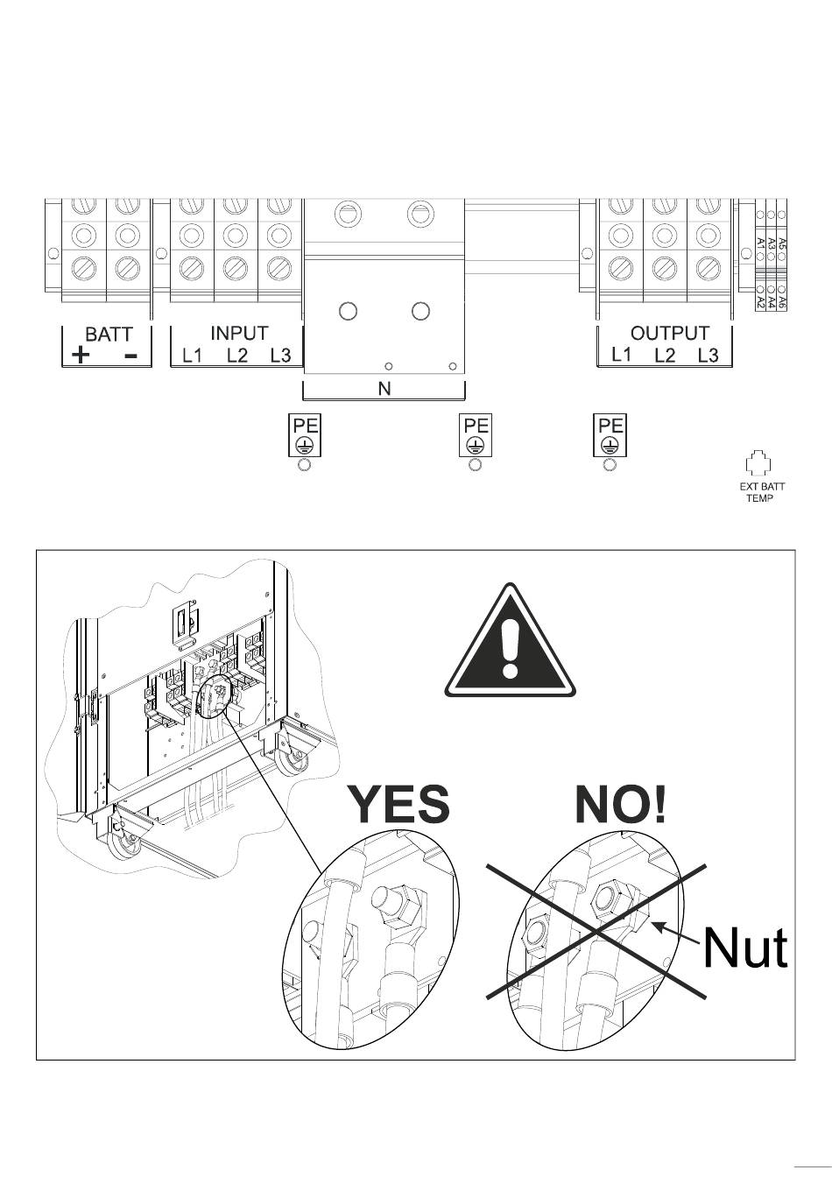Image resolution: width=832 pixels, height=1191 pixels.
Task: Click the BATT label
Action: pos(109,335)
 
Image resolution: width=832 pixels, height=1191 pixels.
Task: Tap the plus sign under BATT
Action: pos(81,355)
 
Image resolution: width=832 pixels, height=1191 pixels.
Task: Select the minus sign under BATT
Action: pos(130,355)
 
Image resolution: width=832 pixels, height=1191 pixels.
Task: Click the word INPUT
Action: pos(239,334)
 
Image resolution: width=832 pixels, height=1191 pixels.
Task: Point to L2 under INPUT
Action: pos(237,356)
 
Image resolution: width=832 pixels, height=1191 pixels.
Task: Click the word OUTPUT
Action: pos(669,334)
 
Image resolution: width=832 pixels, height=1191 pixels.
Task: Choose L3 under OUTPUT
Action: pos(708,356)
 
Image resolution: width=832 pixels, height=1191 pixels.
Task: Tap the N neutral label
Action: pos(384,390)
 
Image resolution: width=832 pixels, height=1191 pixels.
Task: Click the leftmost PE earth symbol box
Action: pos(305,435)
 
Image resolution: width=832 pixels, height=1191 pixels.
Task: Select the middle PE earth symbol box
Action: pos(476,435)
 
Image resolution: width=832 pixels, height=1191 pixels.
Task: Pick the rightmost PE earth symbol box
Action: pos(610,435)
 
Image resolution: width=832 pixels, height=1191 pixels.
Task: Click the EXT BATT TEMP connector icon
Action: pos(758,464)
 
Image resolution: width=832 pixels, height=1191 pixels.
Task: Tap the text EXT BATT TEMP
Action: pos(758,493)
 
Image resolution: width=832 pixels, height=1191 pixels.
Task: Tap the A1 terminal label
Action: pos(760,243)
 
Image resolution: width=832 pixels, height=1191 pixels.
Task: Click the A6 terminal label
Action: pos(782,302)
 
